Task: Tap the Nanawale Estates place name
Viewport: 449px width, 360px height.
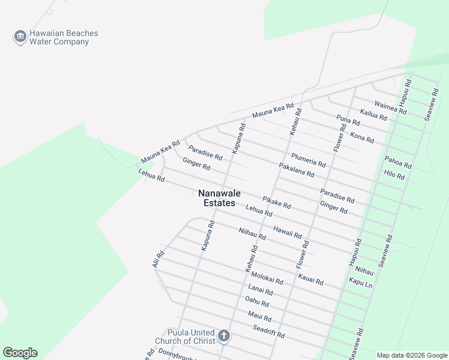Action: pyautogui.click(x=217, y=199)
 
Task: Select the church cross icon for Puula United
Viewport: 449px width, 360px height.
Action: pyautogui.click(x=224, y=335)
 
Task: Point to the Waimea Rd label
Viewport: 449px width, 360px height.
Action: pyautogui.click(x=390, y=107)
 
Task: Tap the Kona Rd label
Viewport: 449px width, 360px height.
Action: pyautogui.click(x=362, y=137)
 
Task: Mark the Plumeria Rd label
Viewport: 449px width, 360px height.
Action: pyautogui.click(x=308, y=160)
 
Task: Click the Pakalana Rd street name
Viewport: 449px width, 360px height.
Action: pyautogui.click(x=297, y=170)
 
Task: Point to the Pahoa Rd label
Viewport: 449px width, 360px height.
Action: pyautogui.click(x=398, y=162)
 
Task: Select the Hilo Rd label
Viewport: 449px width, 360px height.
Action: pyautogui.click(x=394, y=175)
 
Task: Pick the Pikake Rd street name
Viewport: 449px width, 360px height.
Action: pyautogui.click(x=276, y=202)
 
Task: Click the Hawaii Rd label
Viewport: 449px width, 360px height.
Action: pyautogui.click(x=287, y=231)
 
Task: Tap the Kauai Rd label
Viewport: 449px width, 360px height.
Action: pyautogui.click(x=310, y=279)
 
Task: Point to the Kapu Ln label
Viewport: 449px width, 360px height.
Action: pyautogui.click(x=360, y=282)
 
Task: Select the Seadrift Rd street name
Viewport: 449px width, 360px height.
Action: pyautogui.click(x=268, y=331)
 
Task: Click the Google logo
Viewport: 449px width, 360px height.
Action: pyautogui.click(x=20, y=353)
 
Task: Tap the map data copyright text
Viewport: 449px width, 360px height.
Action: pyautogui.click(x=412, y=355)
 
